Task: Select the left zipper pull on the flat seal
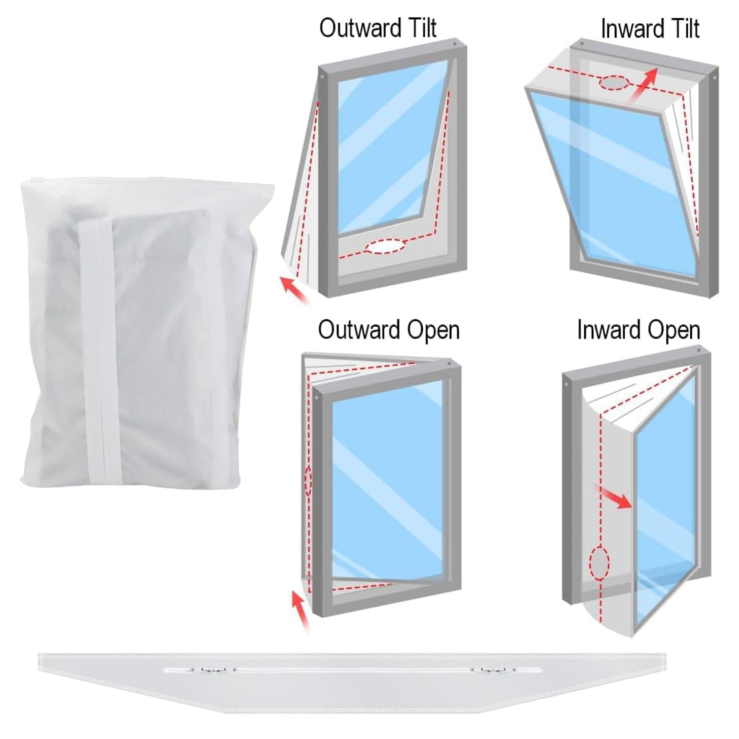click(212, 670)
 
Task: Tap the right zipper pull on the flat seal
click(489, 670)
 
